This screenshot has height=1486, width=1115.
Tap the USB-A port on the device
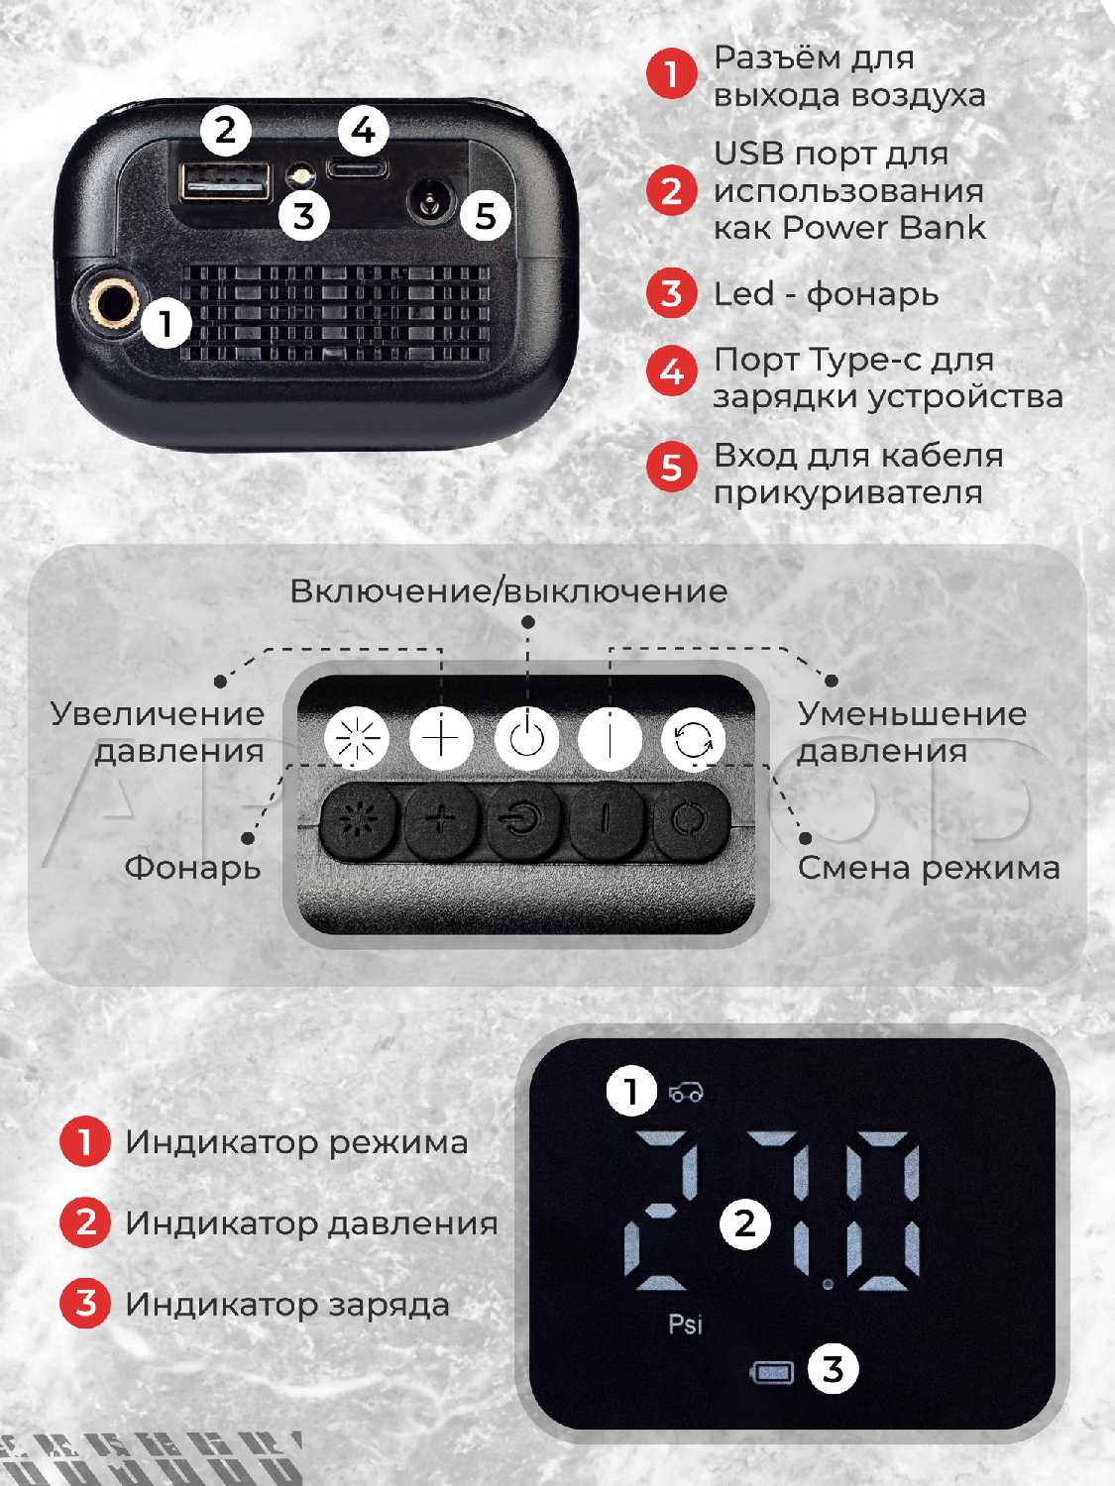[x=225, y=180]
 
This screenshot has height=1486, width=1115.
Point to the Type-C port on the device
[x=357, y=167]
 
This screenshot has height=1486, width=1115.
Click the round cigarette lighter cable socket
[x=428, y=201]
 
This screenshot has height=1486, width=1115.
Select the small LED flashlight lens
[x=300, y=177]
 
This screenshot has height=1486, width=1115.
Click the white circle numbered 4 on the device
[x=363, y=130]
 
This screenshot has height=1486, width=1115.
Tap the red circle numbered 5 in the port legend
[x=671, y=468]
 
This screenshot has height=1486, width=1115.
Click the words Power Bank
[x=883, y=228]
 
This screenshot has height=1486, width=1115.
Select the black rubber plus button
[x=441, y=820]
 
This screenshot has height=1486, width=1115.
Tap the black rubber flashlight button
[x=358, y=820]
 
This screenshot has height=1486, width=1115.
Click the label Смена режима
[x=928, y=867]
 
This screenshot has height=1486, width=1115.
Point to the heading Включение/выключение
[x=508, y=591]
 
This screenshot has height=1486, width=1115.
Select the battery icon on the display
[x=772, y=1372]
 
